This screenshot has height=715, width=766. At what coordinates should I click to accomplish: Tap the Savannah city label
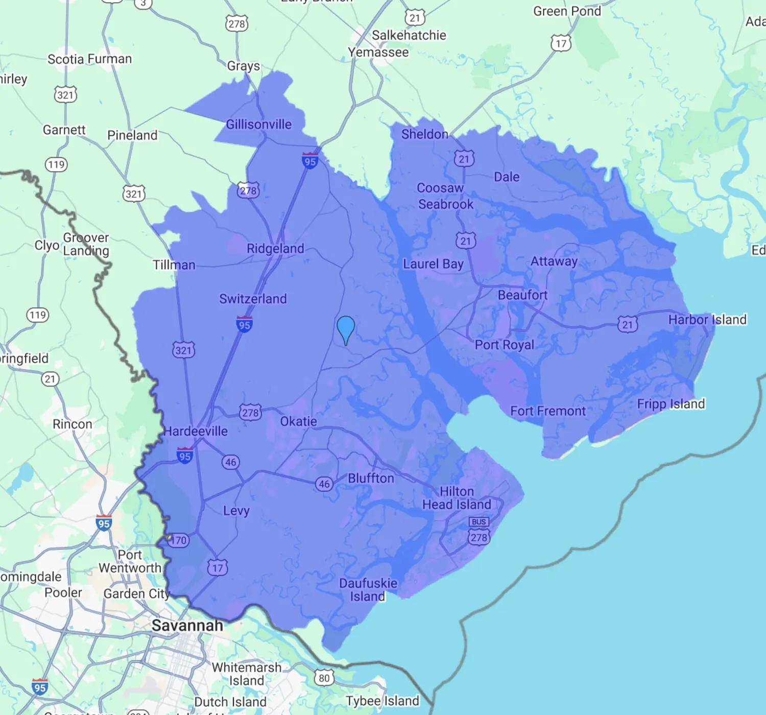tap(187, 625)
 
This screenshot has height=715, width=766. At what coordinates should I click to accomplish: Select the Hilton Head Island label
tap(457, 498)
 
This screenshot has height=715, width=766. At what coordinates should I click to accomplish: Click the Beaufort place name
tap(522, 295)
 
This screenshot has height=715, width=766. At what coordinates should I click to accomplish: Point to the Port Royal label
tap(505, 345)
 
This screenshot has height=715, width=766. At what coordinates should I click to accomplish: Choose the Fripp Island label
tap(671, 404)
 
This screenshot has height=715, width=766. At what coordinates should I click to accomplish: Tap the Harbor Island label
tap(707, 320)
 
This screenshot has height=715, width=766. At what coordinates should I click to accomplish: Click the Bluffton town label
tap(371, 478)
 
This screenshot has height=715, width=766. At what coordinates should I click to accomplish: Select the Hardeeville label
tap(196, 431)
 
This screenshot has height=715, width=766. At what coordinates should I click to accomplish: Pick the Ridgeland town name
tap(275, 249)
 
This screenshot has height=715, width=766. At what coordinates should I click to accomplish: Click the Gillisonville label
tap(258, 124)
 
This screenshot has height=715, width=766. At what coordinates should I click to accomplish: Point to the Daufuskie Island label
tap(368, 590)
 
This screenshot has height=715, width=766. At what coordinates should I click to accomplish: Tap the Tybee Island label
tap(382, 701)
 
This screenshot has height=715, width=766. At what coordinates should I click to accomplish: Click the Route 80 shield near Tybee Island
tap(324, 678)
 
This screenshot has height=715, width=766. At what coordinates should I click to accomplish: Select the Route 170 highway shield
tap(178, 540)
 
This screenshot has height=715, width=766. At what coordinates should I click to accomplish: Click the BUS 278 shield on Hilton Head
tap(479, 531)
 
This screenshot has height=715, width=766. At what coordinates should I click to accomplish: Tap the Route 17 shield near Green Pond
tap(561, 43)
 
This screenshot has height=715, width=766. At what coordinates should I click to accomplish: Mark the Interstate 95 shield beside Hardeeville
tap(184, 456)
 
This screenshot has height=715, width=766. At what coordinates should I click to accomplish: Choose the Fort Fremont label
tap(548, 411)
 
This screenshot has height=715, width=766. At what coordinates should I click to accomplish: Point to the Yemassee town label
tap(378, 52)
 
